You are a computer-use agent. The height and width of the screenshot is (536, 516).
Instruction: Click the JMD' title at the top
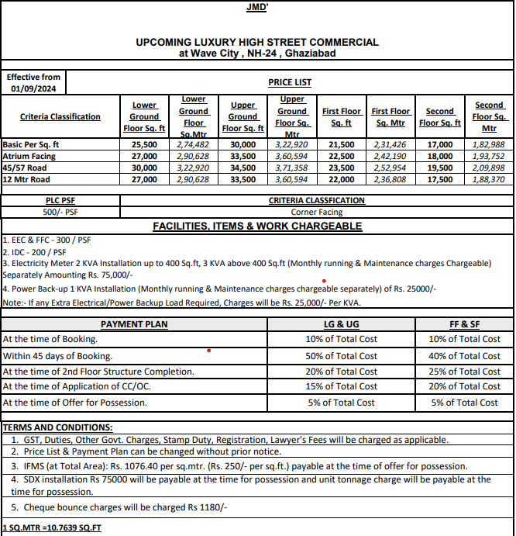[x=257, y=7]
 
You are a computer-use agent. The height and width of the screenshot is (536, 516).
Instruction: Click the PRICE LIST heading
[x=290, y=82]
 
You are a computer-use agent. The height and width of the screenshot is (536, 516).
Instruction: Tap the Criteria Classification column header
[x=60, y=116]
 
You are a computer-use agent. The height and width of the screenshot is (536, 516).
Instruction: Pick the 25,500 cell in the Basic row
[x=144, y=144]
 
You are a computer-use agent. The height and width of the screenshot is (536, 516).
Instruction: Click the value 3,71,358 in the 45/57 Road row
[x=291, y=168]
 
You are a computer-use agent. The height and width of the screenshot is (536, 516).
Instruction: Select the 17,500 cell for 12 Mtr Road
[x=439, y=179]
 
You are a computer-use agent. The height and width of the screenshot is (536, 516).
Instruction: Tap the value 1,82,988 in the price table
[x=488, y=144]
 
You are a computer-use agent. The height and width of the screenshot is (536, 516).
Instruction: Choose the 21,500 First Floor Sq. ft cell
[x=342, y=144]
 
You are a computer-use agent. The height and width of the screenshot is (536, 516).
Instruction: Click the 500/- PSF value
[x=60, y=212]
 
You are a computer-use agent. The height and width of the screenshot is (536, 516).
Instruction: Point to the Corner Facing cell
[x=316, y=212]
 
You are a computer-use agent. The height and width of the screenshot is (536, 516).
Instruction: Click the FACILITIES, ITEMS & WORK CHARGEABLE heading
[x=257, y=226]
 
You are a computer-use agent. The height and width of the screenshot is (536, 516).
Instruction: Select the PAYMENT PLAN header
[x=133, y=324]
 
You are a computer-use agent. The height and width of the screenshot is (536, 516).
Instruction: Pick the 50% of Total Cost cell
[x=342, y=356]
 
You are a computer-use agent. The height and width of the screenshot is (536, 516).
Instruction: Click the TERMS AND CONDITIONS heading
[x=57, y=427]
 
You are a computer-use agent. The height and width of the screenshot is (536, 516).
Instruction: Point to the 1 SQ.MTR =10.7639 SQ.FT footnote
[x=51, y=528]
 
